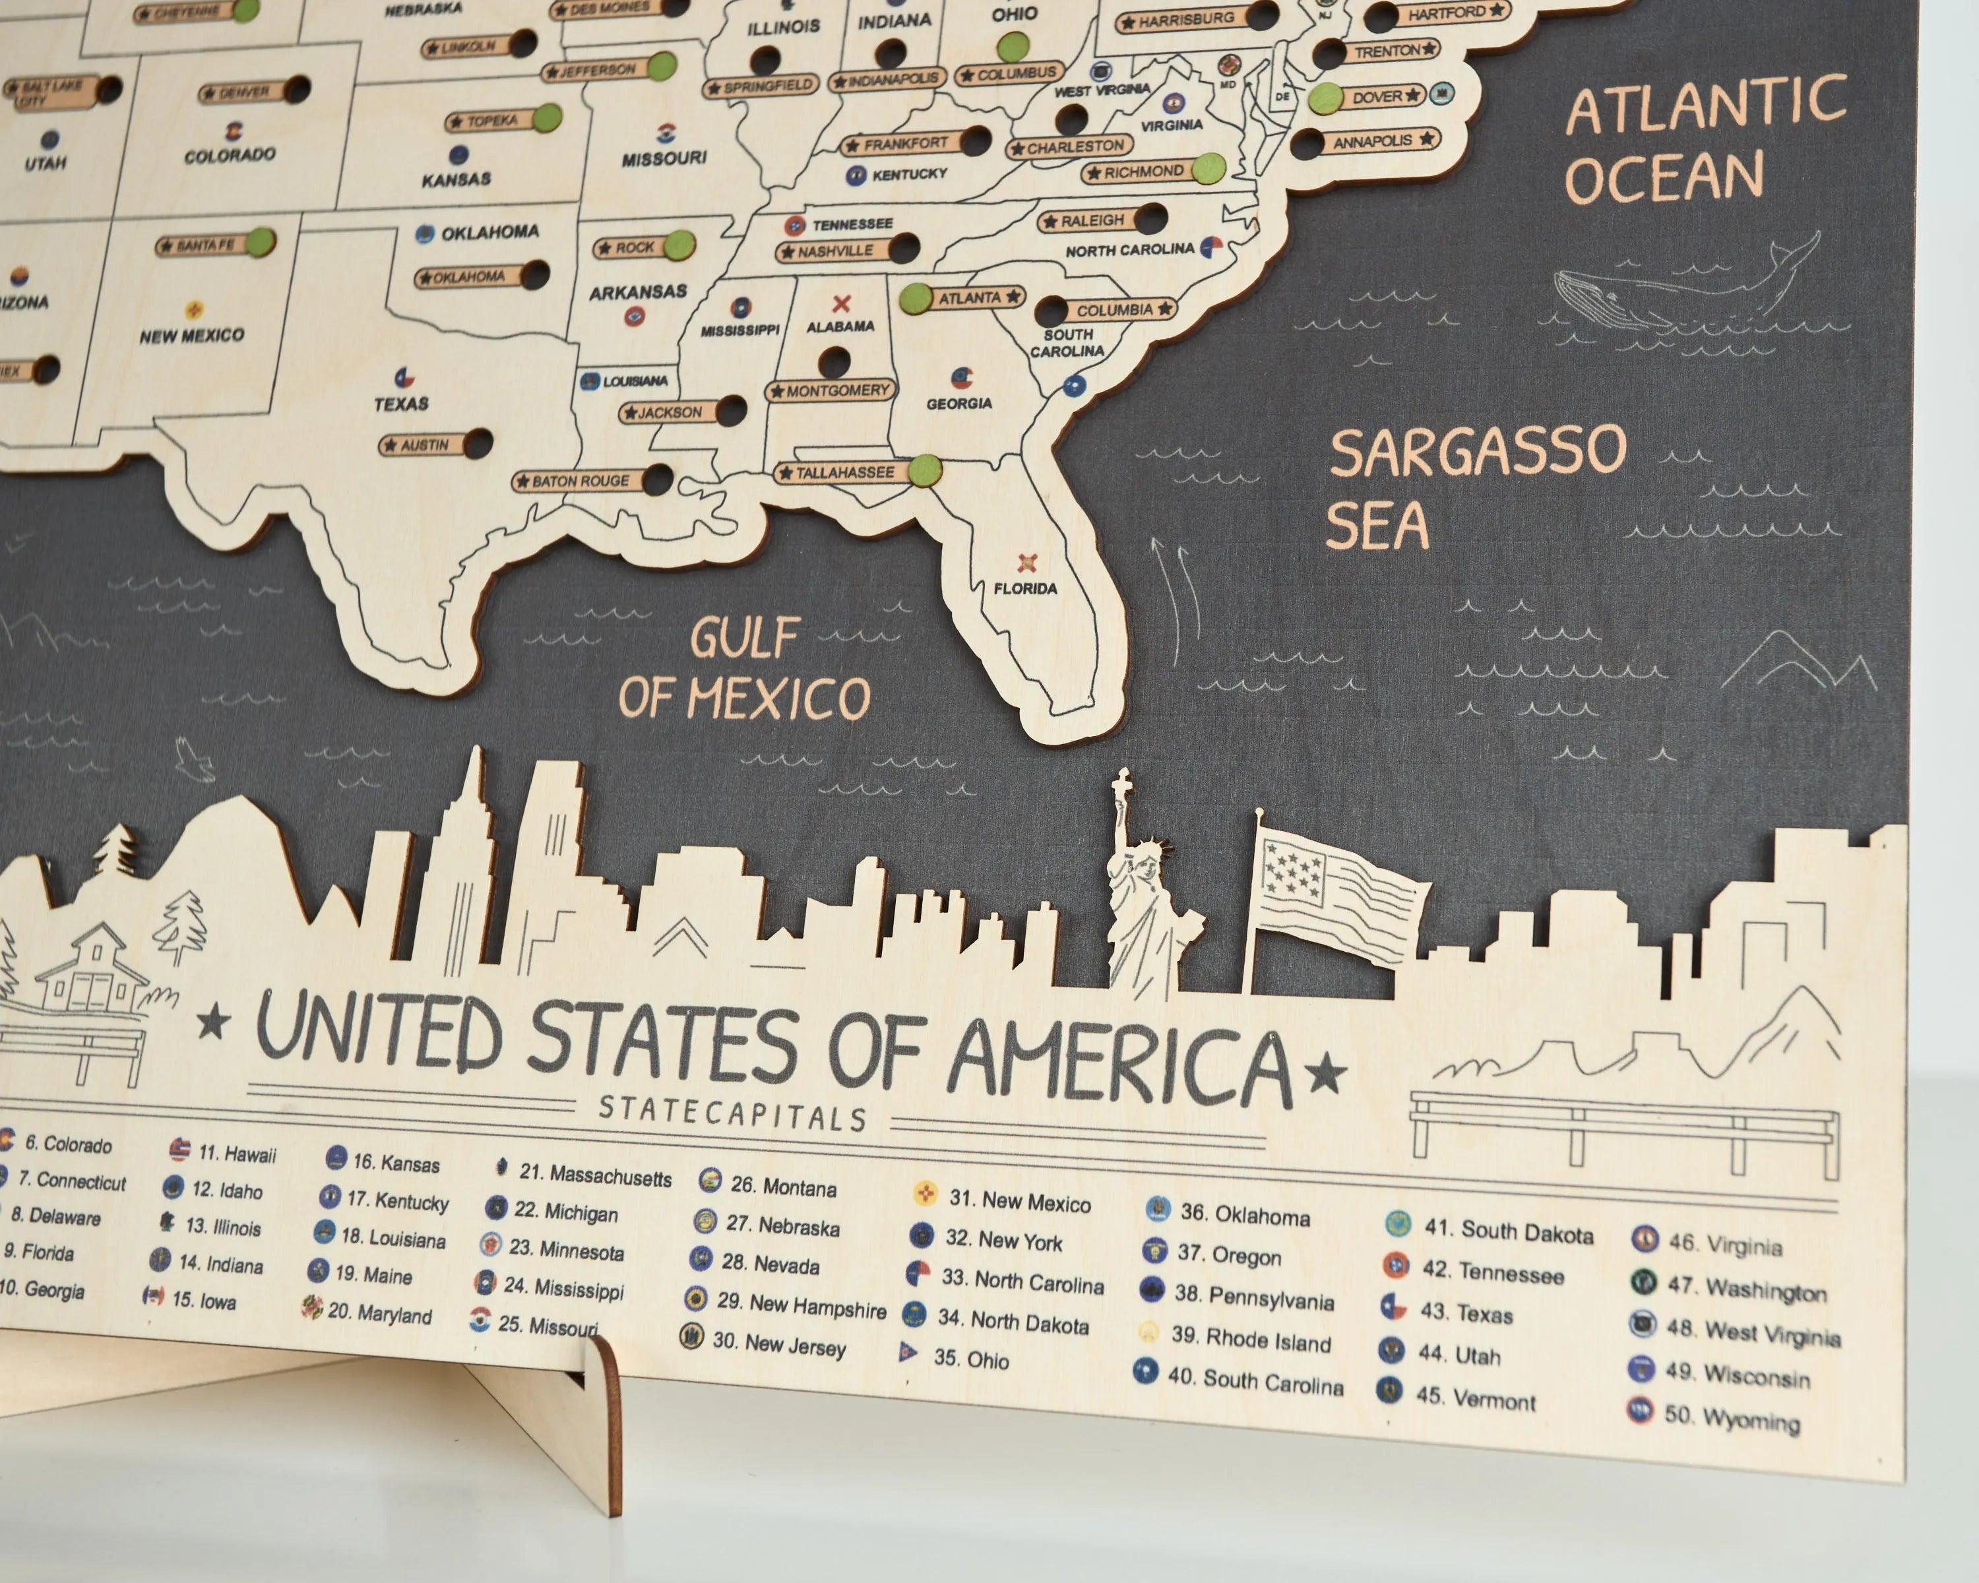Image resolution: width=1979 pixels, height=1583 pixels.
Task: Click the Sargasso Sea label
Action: [1476, 486]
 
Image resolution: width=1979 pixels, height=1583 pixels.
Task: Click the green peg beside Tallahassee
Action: [926, 471]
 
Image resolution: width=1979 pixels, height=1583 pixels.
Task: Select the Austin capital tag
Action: [422, 445]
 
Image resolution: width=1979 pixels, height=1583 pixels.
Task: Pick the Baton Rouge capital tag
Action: [579, 481]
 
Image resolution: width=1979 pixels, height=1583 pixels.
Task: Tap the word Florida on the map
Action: [1025, 588]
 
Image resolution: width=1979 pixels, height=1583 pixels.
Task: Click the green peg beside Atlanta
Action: [915, 298]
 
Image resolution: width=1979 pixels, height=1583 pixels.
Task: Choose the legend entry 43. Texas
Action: [1464, 1313]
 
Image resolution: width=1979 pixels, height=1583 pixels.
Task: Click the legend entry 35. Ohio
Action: [969, 1359]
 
